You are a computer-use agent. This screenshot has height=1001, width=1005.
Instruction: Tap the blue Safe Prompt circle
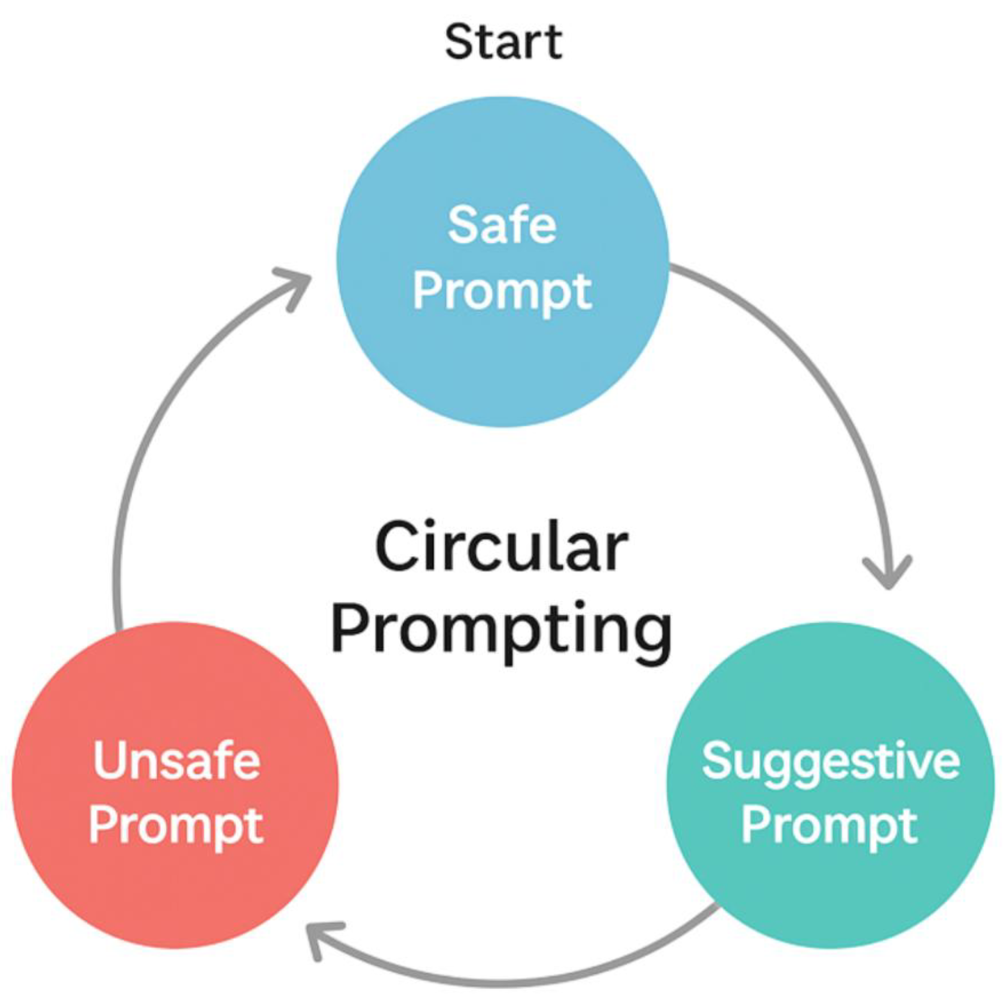[x=502, y=354]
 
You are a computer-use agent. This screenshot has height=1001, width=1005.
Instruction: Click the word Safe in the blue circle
[x=502, y=225]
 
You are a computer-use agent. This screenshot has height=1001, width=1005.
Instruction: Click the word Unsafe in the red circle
[x=177, y=761]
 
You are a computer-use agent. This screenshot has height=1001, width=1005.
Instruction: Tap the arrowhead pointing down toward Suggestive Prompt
[x=889, y=575]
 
